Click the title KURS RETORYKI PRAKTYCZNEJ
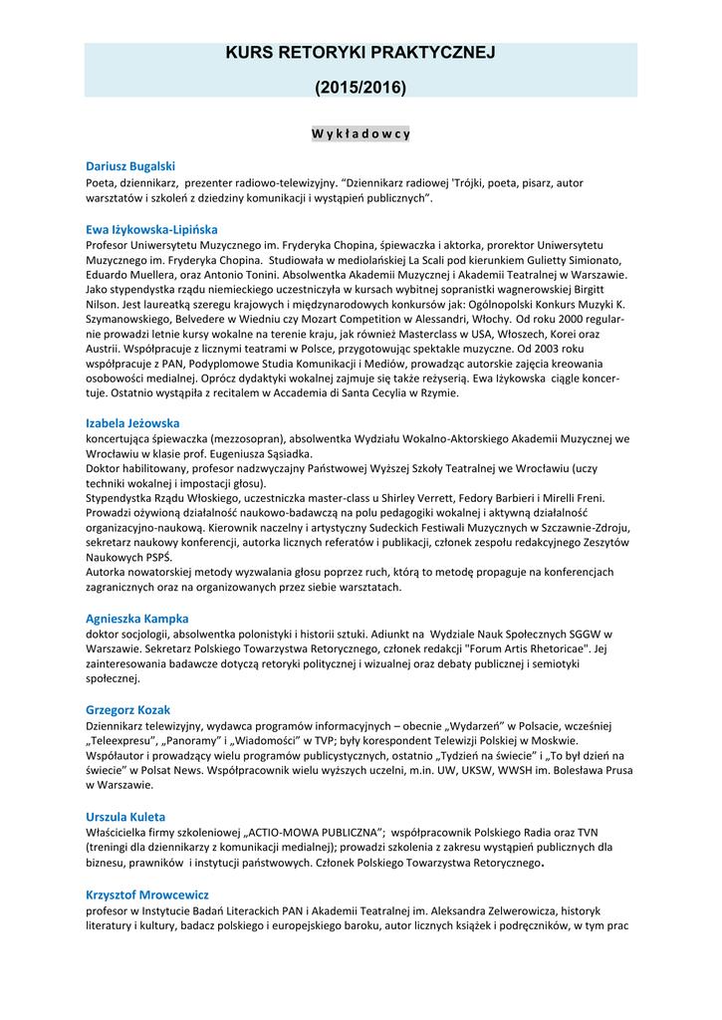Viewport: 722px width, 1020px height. click(361, 53)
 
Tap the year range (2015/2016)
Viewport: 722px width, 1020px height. click(361, 88)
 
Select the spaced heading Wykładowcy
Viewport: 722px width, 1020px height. click(361, 133)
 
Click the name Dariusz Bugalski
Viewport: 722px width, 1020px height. click(129, 166)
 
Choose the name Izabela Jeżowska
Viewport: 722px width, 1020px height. click(132, 422)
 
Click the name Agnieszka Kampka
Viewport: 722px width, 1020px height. click(136, 619)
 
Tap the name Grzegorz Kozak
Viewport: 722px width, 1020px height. click(127, 709)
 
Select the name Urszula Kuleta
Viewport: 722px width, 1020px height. click(125, 816)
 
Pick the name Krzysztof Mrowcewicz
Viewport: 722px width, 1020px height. click(146, 894)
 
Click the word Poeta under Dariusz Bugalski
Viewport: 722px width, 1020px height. click(102, 183)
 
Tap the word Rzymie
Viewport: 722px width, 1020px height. click(440, 393)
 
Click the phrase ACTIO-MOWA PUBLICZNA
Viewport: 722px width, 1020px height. click(320, 832)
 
